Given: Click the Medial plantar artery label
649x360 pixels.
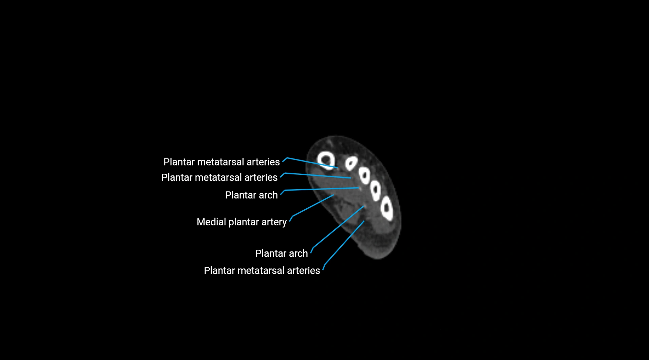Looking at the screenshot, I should [242, 222].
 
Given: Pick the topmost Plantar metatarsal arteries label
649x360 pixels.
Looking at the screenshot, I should [222, 162].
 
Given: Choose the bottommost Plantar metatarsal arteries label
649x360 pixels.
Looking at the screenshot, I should [262, 270].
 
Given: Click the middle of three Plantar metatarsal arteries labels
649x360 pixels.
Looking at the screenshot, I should [219, 177].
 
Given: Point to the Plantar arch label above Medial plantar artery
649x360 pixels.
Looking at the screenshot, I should [251, 195].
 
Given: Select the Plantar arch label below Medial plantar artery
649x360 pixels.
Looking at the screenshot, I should [281, 253].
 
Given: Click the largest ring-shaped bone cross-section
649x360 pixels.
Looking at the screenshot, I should [326, 160].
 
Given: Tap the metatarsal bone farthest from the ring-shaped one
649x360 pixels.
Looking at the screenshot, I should [387, 209].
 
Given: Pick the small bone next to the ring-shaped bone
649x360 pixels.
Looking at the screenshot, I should [351, 163].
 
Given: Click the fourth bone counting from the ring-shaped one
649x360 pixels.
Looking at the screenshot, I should [376, 190].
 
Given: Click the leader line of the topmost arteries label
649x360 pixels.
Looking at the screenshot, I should [312, 163].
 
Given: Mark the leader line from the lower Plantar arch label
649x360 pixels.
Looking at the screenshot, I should [338, 227].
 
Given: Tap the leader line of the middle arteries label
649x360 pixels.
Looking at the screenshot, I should [317, 175].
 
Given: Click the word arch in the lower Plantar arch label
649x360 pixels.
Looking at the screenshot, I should [299, 253].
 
